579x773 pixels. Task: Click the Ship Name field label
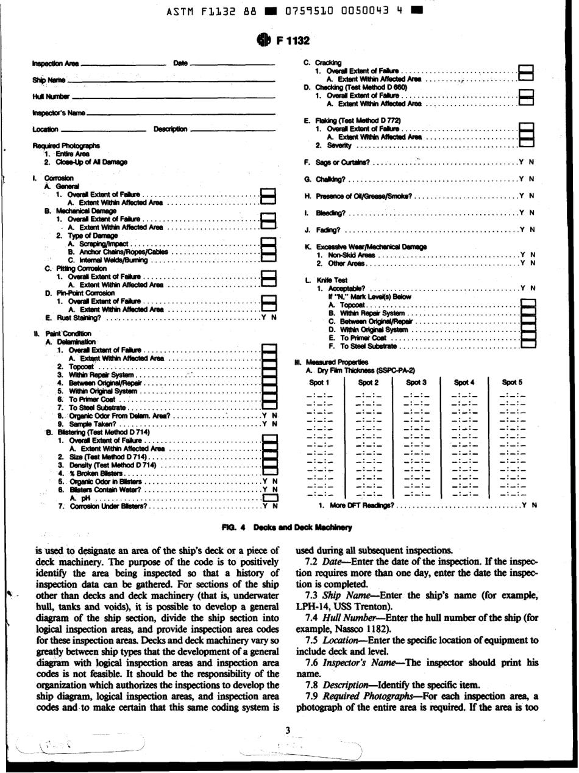[x=49, y=81]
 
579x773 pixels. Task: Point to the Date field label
[x=180, y=63]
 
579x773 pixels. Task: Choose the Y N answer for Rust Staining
[x=269, y=317]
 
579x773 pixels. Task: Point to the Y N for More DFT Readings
[x=530, y=506]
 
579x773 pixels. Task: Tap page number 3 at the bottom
[x=289, y=730]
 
